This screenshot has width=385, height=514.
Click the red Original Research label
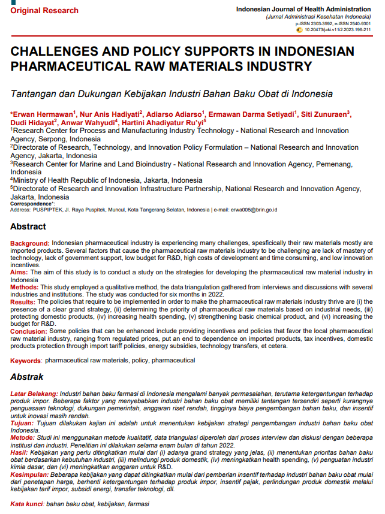(x=44, y=10)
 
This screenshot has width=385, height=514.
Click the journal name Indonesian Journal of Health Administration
(x=303, y=10)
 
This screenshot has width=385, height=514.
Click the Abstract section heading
(x=28, y=226)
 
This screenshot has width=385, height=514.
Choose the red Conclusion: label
(x=28, y=331)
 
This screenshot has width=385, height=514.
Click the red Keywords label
(x=26, y=361)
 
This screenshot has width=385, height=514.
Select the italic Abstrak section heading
(x=27, y=377)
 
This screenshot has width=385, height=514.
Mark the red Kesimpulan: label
(x=31, y=473)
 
